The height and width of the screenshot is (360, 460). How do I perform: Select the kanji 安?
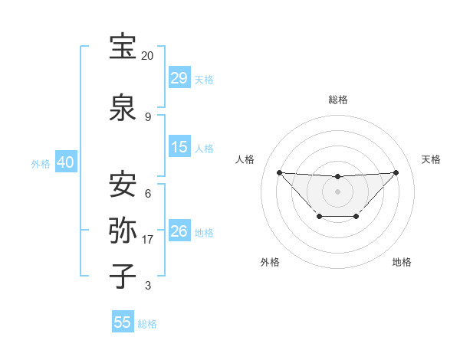point(123,185)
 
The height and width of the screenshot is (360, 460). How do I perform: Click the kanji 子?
point(123,276)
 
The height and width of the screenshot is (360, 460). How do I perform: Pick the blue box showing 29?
point(179,78)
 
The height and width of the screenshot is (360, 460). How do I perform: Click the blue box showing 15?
point(179,147)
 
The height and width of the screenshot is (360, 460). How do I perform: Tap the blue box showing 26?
point(179,231)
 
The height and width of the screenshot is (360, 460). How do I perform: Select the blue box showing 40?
point(65,162)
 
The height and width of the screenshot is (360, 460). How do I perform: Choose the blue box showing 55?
point(123,322)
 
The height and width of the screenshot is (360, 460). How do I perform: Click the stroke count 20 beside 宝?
point(147,56)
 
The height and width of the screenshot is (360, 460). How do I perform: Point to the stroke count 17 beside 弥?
point(148,240)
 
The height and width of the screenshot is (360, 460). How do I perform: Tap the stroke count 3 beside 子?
point(147,286)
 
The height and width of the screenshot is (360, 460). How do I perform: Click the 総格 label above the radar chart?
point(338,100)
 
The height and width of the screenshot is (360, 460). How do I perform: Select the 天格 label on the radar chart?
point(431,159)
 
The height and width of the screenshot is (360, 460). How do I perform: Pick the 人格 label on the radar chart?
point(245,159)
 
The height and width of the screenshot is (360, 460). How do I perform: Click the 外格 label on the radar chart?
point(270,262)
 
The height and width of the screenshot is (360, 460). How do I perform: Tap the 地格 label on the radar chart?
point(402,262)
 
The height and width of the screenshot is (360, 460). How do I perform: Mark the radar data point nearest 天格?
point(396,172)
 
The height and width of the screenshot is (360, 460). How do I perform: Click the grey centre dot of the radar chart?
point(338,191)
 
